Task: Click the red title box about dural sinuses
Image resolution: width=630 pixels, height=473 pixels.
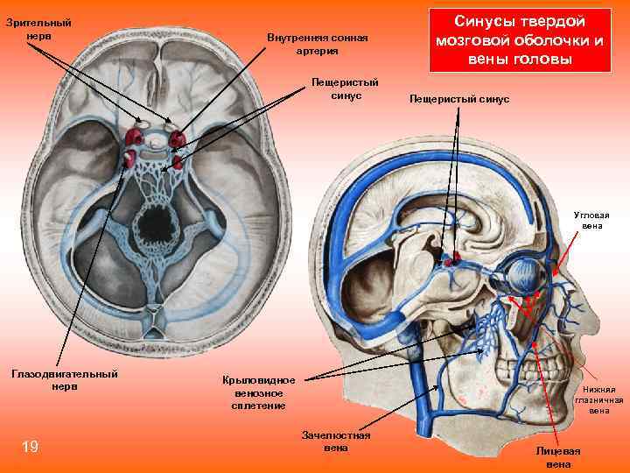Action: pyautogui.click(x=520, y=40)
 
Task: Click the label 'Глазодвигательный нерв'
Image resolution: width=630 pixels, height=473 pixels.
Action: pyautogui.click(x=64, y=380)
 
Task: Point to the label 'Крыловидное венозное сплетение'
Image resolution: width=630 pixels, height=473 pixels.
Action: pyautogui.click(x=259, y=393)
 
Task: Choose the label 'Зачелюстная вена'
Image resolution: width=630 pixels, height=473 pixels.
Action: pyautogui.click(x=335, y=441)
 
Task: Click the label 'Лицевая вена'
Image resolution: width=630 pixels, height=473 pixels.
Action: pyautogui.click(x=557, y=456)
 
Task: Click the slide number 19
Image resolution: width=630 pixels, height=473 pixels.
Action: pyautogui.click(x=30, y=448)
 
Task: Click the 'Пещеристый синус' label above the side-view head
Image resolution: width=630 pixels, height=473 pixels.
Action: pyautogui.click(x=459, y=99)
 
